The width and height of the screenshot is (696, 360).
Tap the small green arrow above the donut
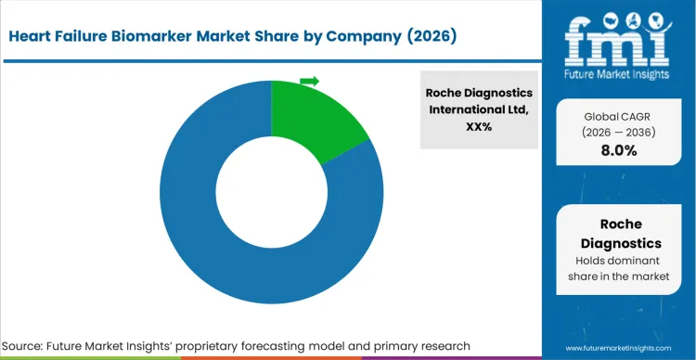[x=309, y=82]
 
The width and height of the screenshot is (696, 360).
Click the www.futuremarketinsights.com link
[x=619, y=346]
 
